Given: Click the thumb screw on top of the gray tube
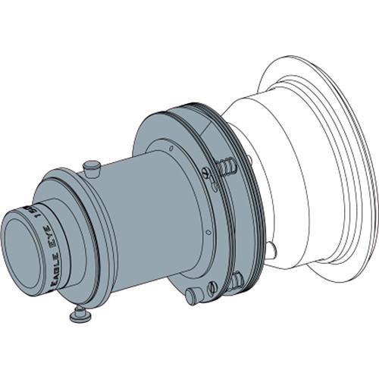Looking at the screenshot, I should coord(92,164).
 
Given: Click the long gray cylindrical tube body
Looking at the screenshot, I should coord(144,220).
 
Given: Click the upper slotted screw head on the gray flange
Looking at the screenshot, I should coord(208,173).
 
